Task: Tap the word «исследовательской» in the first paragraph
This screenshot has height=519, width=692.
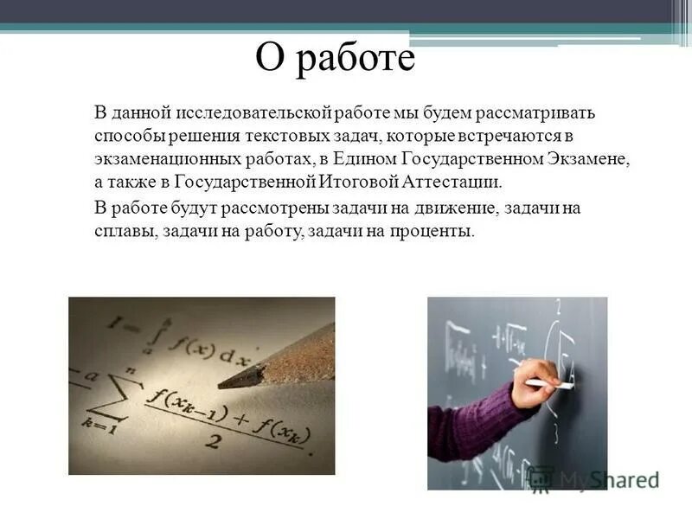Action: point(246,114)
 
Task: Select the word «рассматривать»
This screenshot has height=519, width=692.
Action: point(537,114)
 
